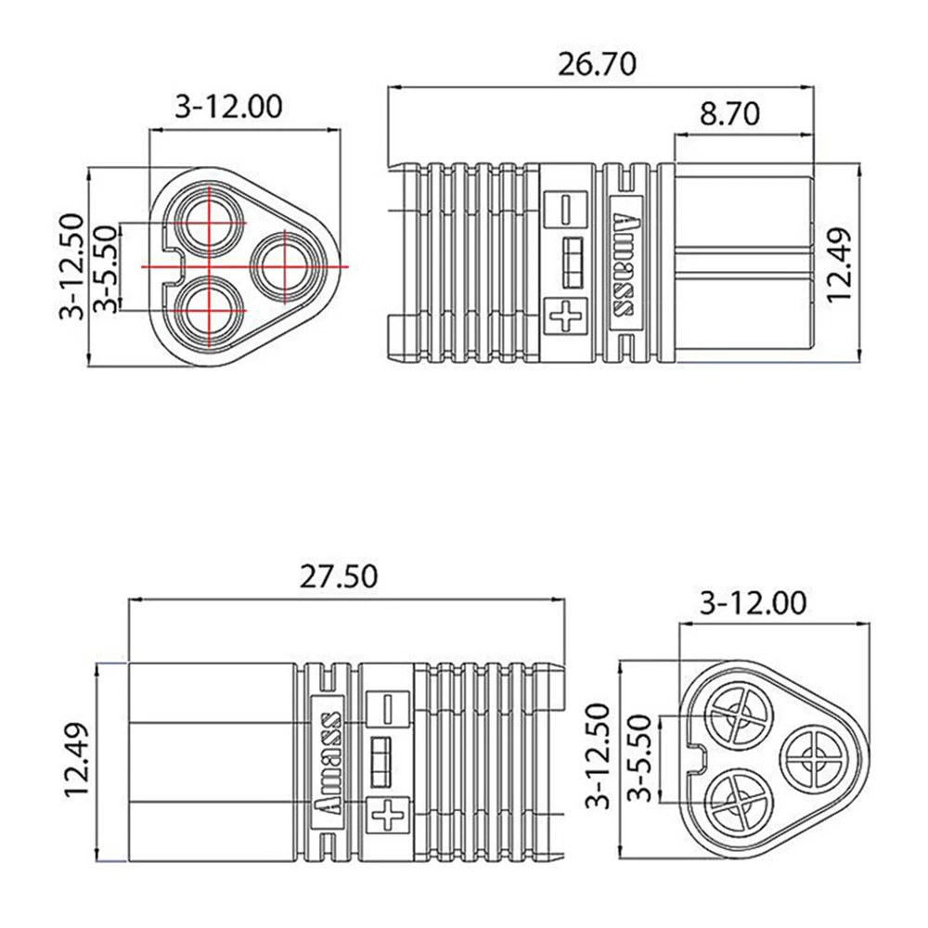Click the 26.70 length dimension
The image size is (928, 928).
click(597, 65)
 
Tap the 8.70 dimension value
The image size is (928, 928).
click(729, 113)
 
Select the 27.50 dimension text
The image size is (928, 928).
click(338, 577)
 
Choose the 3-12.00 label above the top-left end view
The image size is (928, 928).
click(228, 107)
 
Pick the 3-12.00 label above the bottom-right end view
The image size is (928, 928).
click(753, 604)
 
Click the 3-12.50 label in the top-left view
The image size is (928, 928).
click(72, 266)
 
